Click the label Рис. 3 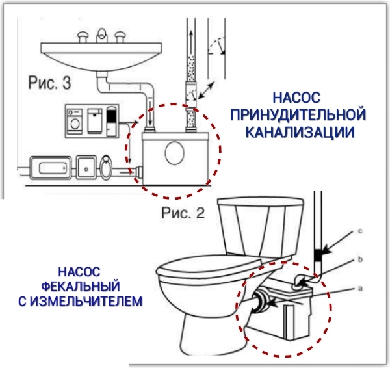click(x=49, y=83)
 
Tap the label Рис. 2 click(x=183, y=213)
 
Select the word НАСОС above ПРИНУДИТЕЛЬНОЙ click(x=296, y=98)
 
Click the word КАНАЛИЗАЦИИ click(x=300, y=132)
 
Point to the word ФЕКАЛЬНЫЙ click(x=81, y=286)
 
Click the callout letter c click(x=360, y=231)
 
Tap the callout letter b click(x=360, y=259)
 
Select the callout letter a click(x=360, y=289)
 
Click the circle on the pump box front click(x=175, y=152)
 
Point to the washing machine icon click(x=75, y=121)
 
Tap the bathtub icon click(x=51, y=168)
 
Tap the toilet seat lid click(x=209, y=267)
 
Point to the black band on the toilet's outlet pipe click(x=318, y=254)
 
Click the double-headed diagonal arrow click(x=206, y=90)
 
